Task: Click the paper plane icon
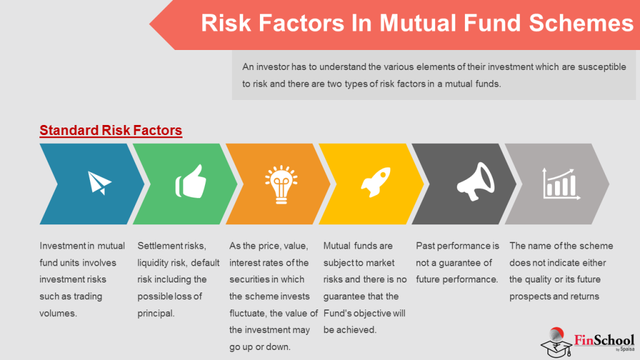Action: [x=99, y=182]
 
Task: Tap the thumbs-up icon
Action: [x=189, y=182]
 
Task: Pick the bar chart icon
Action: [x=559, y=182]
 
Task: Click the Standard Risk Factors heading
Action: [x=111, y=131]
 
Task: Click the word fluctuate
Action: [x=252, y=313]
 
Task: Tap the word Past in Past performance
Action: [x=426, y=246]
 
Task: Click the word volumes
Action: [x=58, y=313]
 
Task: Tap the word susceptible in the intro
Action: [x=598, y=67]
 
